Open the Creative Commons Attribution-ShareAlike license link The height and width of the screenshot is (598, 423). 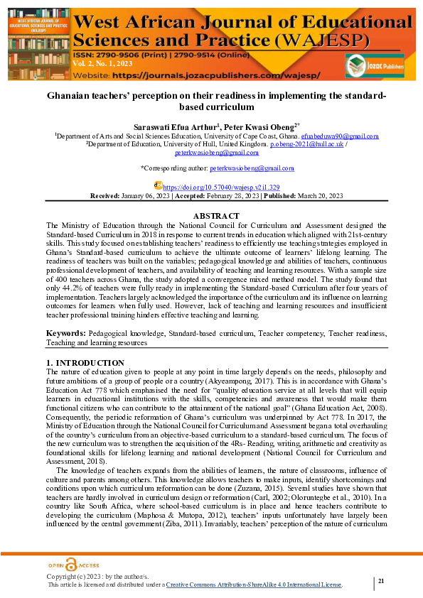tap(254, 585)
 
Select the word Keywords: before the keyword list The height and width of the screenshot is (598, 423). tap(66, 333)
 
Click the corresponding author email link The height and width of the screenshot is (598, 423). tap(252, 168)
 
